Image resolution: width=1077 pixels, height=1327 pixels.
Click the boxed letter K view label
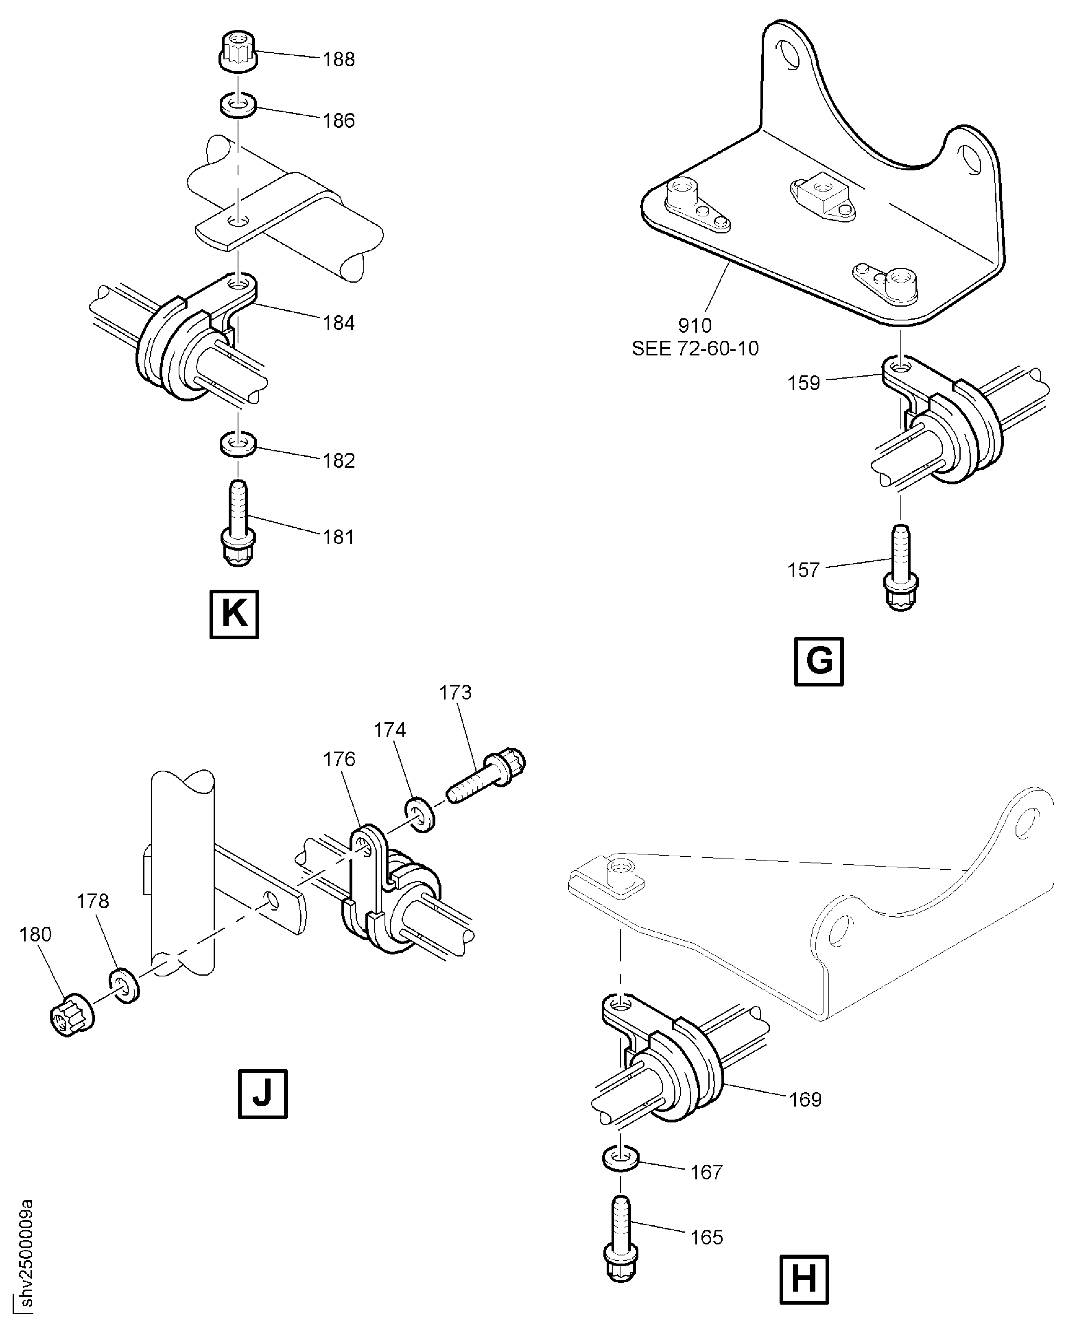click(x=234, y=614)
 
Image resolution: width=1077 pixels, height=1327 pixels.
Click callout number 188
click(x=339, y=59)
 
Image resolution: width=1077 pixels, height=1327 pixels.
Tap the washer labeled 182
click(x=239, y=445)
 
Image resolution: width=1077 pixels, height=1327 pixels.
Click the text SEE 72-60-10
click(x=695, y=349)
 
